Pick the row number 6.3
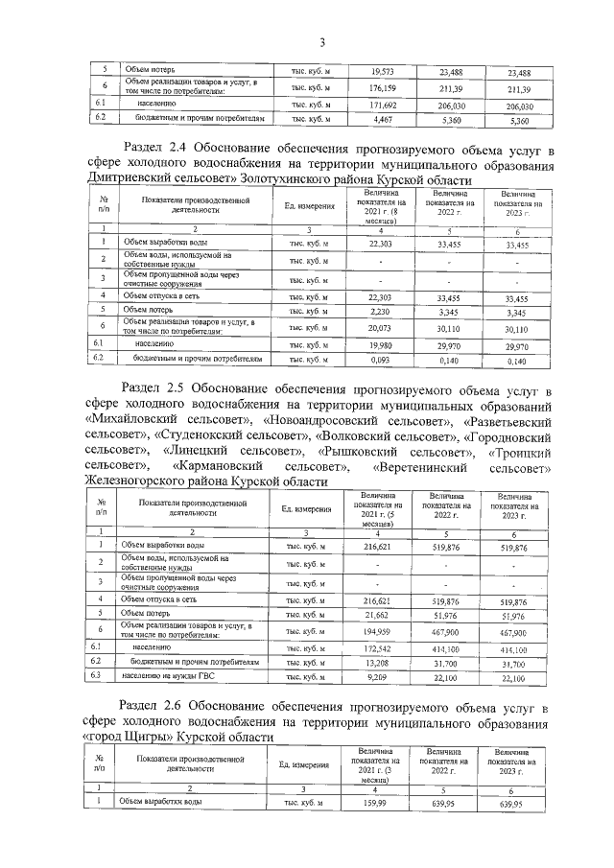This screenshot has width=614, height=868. (x=99, y=677)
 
